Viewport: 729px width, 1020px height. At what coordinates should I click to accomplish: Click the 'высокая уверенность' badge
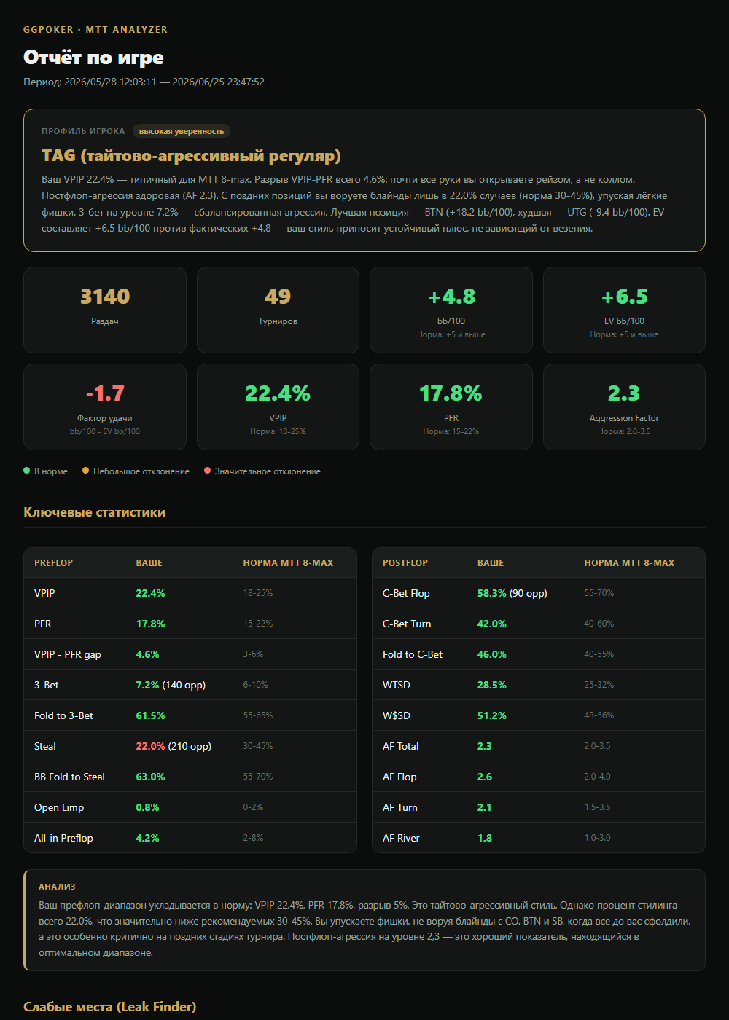[182, 131]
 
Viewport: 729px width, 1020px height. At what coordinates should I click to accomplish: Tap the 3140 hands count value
[105, 297]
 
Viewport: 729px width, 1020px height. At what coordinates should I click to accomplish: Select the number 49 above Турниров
[278, 297]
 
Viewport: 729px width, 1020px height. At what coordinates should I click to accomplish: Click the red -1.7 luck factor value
[105, 393]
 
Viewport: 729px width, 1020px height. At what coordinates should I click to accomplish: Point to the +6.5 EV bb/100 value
[624, 297]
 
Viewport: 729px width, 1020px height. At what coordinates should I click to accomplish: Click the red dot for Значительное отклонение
[207, 471]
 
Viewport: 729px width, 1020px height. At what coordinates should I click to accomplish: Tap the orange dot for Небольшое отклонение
[85, 471]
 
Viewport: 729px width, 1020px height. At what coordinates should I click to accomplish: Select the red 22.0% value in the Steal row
[150, 746]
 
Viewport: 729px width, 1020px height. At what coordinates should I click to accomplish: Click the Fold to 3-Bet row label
[63, 715]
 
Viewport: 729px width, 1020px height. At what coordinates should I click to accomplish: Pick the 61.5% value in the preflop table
[150, 715]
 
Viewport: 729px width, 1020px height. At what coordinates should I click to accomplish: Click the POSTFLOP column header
[405, 562]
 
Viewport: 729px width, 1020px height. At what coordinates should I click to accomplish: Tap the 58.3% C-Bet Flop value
[491, 593]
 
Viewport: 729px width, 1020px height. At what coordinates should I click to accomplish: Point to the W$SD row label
[397, 715]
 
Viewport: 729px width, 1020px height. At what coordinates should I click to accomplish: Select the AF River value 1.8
[484, 838]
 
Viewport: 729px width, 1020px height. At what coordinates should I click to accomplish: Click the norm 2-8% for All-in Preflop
[253, 837]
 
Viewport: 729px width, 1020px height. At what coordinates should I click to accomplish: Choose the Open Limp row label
[59, 807]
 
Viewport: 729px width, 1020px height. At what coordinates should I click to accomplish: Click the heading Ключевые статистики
[94, 511]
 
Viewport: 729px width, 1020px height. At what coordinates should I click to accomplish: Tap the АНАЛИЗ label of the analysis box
[57, 887]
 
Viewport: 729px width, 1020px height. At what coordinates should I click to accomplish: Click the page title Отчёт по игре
[93, 58]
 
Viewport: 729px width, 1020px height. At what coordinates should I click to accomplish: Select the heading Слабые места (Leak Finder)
[110, 1006]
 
